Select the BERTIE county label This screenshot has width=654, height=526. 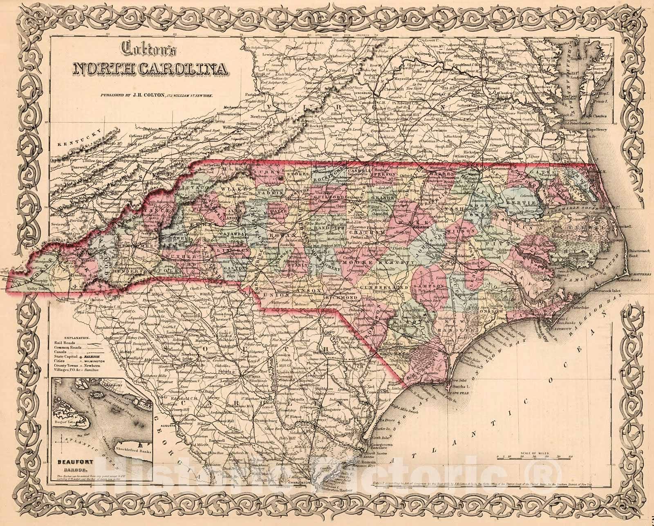pos(520,203)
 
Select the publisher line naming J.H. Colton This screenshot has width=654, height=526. pos(155,95)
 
